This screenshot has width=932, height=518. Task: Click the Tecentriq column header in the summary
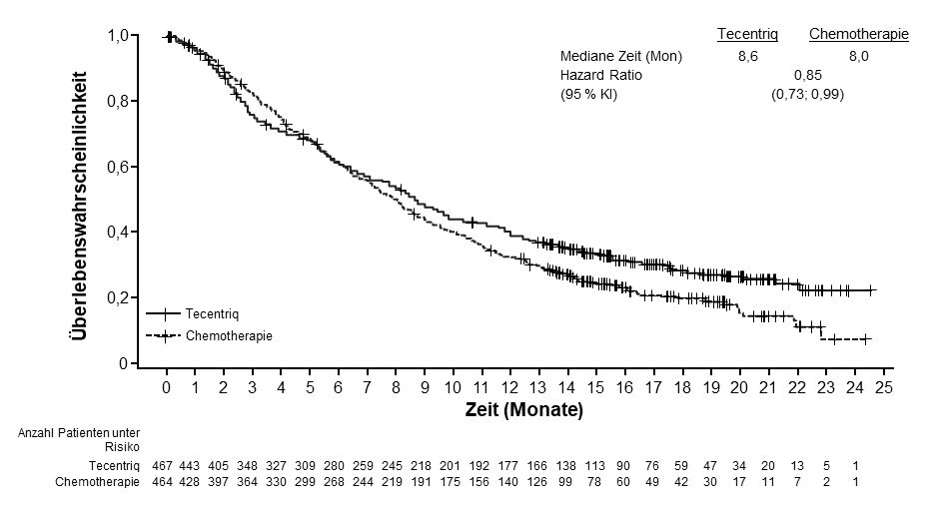(x=747, y=35)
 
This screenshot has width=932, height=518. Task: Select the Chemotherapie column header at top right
(x=858, y=35)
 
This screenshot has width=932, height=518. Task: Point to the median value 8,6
(x=747, y=56)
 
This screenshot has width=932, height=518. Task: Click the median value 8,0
(x=858, y=56)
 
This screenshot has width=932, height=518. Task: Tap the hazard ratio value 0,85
(x=807, y=75)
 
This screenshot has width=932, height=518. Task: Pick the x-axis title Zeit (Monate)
(x=522, y=409)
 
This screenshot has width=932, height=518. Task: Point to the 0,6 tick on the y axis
(x=119, y=167)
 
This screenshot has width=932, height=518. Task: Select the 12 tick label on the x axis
(x=510, y=387)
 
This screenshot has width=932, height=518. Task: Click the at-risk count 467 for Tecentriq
(x=167, y=465)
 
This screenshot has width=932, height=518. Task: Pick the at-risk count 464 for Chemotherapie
(x=167, y=481)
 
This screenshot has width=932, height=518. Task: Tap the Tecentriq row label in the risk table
(x=113, y=465)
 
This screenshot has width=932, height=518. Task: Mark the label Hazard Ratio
(x=600, y=75)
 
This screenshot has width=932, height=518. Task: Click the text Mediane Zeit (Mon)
(x=620, y=56)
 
